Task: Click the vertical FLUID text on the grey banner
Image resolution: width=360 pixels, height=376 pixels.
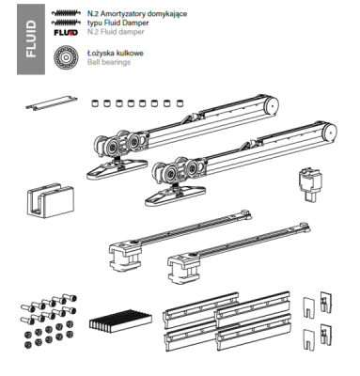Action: pos(31,39)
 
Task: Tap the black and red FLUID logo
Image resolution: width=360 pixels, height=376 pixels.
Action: pos(66,32)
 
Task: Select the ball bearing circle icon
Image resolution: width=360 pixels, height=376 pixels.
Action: pos(66,57)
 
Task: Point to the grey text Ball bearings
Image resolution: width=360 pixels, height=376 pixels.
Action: pos(109,62)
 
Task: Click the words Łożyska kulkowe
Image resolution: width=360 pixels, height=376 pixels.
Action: pos(116,53)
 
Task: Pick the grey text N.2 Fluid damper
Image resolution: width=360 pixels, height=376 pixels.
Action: pos(116,32)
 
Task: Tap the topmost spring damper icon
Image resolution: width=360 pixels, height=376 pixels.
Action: pos(65,13)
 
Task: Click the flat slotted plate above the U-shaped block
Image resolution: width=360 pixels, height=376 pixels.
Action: pos(52,102)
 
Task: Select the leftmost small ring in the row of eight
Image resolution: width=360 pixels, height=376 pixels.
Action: pos(95,102)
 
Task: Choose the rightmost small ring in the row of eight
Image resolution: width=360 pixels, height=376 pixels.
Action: pos(180,102)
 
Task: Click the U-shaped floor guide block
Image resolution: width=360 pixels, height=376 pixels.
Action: pos(51,200)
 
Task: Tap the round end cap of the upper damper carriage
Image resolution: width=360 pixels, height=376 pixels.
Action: pos(272,105)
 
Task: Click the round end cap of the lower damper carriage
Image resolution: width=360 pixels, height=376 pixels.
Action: pos(329,132)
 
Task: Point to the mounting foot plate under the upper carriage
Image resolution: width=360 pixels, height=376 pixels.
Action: pos(117,168)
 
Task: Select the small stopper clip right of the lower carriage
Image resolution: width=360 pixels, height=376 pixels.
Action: pos(310,184)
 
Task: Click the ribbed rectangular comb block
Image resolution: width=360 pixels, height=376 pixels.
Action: pos(120,321)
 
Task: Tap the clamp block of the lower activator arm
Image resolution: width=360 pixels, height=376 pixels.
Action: pos(183,268)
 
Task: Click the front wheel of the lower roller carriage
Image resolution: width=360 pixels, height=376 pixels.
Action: pos(171,174)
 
